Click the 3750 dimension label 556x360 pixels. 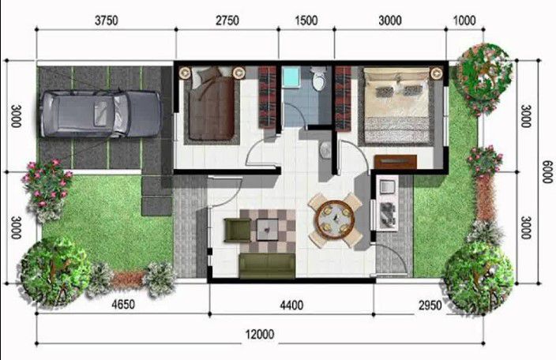pos(106,21)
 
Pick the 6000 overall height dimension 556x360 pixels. pos(546,170)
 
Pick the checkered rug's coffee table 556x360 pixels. pos(269,230)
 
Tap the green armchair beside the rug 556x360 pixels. pos(237,230)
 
